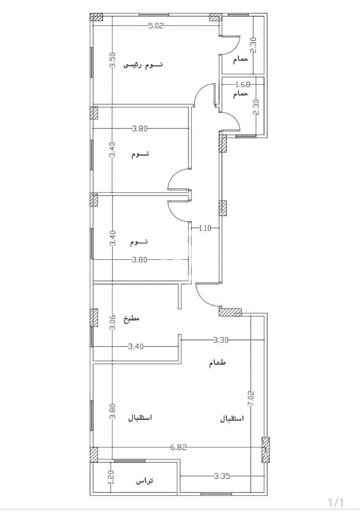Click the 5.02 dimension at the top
(156, 26)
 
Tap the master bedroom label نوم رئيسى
(143, 65)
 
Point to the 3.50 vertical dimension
(112, 60)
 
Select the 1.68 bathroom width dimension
(243, 85)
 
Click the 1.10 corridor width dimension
(205, 228)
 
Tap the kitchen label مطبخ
(131, 318)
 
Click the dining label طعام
(218, 363)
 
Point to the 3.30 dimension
(221, 340)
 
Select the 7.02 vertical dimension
(251, 398)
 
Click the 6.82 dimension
(179, 448)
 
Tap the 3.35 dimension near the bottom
(222, 476)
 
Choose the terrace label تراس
(144, 481)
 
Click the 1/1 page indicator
(336, 502)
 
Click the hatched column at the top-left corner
(96, 17)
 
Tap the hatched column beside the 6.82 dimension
(266, 450)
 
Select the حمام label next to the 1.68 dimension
(241, 93)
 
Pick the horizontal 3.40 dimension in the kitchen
(135, 347)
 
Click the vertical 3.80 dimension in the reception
(112, 412)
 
